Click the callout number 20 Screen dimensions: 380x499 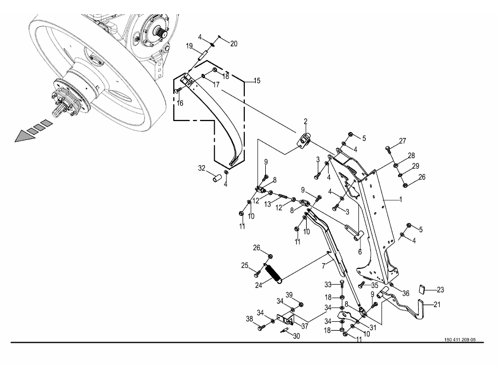tap(234, 44)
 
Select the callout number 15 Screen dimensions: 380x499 tap(257, 81)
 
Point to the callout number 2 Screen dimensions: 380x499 tap(305, 122)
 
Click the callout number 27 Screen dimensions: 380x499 tap(402, 141)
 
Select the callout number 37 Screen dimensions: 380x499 tap(304, 325)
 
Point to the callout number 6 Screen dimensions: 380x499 tap(360, 252)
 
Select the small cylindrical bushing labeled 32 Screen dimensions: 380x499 tap(215, 178)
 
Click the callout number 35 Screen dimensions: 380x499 tap(375, 286)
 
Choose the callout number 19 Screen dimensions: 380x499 tap(189, 46)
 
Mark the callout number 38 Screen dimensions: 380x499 tap(250, 319)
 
